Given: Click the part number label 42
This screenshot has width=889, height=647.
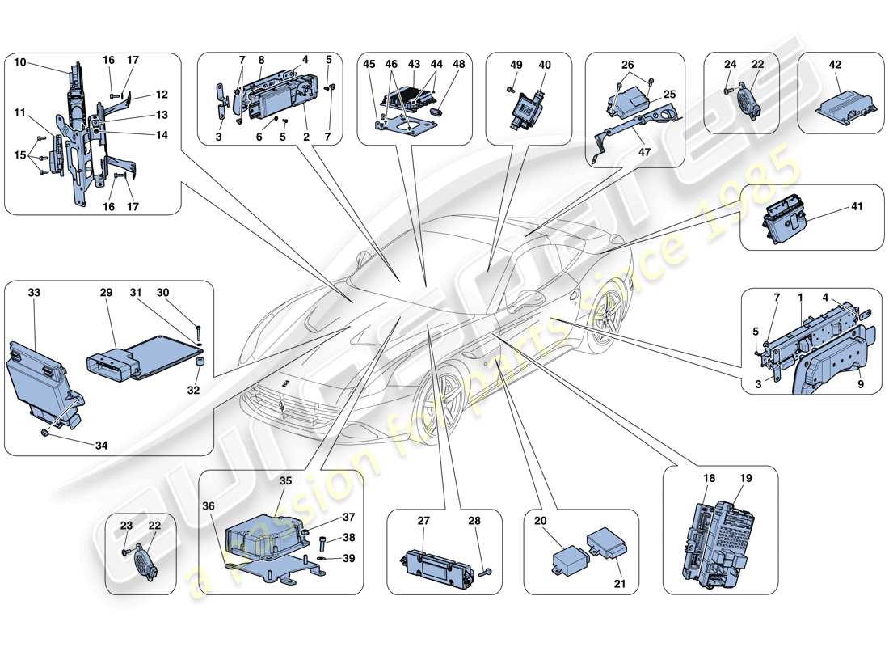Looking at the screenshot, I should pos(835,66).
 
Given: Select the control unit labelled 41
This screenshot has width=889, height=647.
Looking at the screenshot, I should pos(781,219).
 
